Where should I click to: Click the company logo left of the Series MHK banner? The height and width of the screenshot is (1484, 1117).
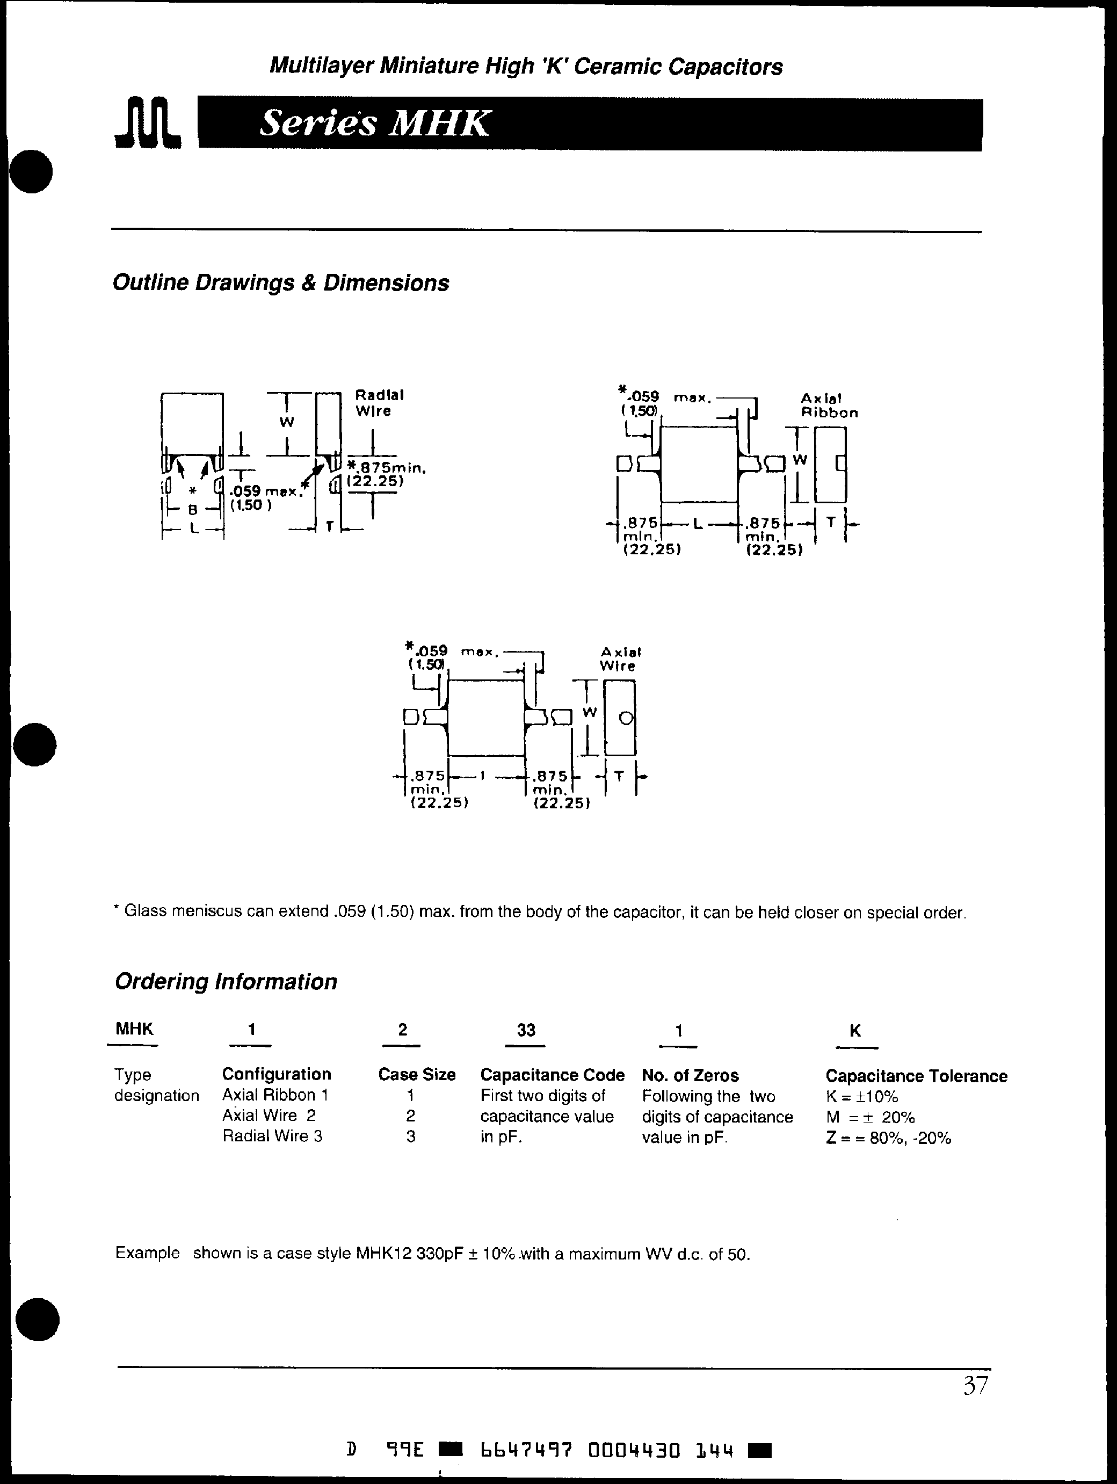[148, 123]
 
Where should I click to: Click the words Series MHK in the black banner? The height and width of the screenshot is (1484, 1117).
[374, 124]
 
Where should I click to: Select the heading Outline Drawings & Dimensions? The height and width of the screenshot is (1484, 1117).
[280, 283]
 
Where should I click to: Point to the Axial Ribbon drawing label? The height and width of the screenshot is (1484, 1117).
[829, 405]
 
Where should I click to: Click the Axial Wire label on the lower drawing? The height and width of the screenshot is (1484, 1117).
[620, 659]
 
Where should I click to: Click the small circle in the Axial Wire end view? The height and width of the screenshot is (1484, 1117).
[625, 719]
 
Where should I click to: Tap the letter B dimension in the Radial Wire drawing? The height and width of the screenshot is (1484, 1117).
[193, 509]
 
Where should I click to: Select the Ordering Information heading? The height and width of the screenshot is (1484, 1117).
[226, 981]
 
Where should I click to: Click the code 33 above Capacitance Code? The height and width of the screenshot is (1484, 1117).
[526, 1030]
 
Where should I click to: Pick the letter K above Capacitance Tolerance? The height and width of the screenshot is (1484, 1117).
[855, 1031]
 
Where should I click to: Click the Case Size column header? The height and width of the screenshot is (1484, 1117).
[417, 1075]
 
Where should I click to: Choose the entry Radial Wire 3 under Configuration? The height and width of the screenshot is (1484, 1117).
[272, 1136]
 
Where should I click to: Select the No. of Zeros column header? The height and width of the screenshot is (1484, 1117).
[690, 1075]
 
